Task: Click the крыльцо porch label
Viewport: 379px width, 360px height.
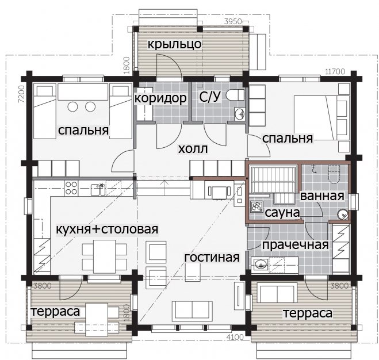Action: click(174, 44)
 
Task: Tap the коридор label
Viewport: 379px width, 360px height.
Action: click(160, 98)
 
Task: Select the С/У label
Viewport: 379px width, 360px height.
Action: click(210, 97)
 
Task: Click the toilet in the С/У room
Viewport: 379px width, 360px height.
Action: click(235, 94)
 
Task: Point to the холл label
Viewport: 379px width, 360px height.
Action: click(193, 149)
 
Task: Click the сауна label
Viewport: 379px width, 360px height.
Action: click(282, 213)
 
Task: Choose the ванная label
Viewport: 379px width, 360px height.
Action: click(322, 196)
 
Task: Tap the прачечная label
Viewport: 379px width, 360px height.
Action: click(296, 244)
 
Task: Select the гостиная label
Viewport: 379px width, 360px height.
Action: click(212, 257)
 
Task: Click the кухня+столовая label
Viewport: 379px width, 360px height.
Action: click(107, 229)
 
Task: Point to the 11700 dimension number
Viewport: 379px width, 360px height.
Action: click(335, 71)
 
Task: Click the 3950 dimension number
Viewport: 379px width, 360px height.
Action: click(233, 21)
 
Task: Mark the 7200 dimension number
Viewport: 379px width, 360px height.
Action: click(22, 94)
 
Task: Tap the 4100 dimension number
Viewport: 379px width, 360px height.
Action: click(235, 337)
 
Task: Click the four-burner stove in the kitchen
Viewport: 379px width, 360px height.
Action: click(71, 188)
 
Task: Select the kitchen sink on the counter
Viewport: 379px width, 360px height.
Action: click(98, 190)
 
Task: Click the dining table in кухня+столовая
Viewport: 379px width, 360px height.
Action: click(104, 256)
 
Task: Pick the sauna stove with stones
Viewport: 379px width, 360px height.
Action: click(257, 206)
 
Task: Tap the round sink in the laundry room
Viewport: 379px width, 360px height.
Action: click(260, 265)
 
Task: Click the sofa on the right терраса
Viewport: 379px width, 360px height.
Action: click(277, 293)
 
